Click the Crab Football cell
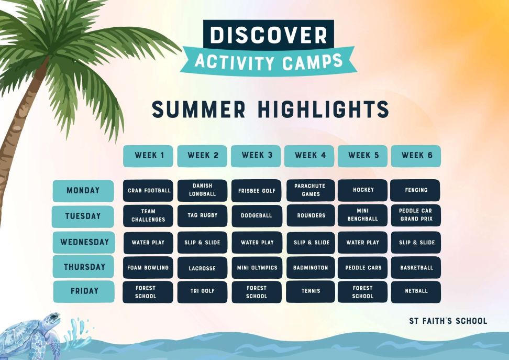click(148, 190)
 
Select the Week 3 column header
click(256, 156)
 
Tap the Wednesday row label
click(84, 242)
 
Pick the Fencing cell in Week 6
click(415, 190)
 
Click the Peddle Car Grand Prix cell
click(416, 215)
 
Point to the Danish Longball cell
click(202, 190)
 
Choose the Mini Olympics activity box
click(257, 268)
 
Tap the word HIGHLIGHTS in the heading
click(323, 109)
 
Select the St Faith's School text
click(448, 321)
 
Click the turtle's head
click(51, 318)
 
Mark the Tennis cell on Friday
click(311, 291)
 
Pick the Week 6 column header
click(416, 156)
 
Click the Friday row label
click(84, 291)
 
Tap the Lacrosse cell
click(202, 268)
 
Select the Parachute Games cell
click(311, 190)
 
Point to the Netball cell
click(416, 291)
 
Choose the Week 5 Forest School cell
click(362, 292)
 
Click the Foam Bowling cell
click(148, 268)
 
